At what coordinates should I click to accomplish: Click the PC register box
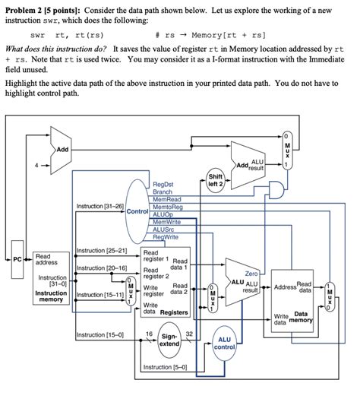pos(17,258)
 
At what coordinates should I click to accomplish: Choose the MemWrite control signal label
pos(166,223)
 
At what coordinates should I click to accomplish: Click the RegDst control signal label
pos(163,185)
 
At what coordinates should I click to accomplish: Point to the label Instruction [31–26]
pos(99,206)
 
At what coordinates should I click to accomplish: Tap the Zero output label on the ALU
pos(252,273)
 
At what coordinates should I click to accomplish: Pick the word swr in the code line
pos(37,35)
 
